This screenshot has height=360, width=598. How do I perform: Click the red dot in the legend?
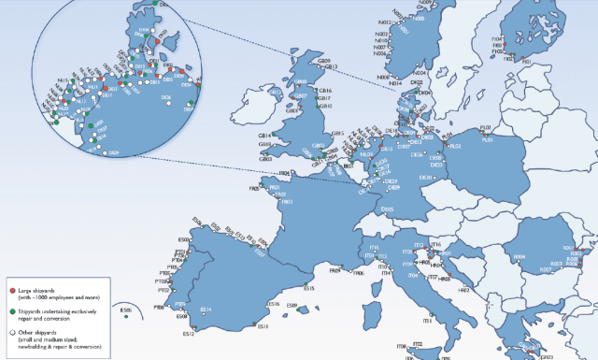pos(11,281)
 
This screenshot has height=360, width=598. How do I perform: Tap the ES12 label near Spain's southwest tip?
pos(188,334)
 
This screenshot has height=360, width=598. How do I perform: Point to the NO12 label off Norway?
pos(382,22)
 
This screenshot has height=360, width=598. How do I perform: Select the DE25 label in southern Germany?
pos(387,209)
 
